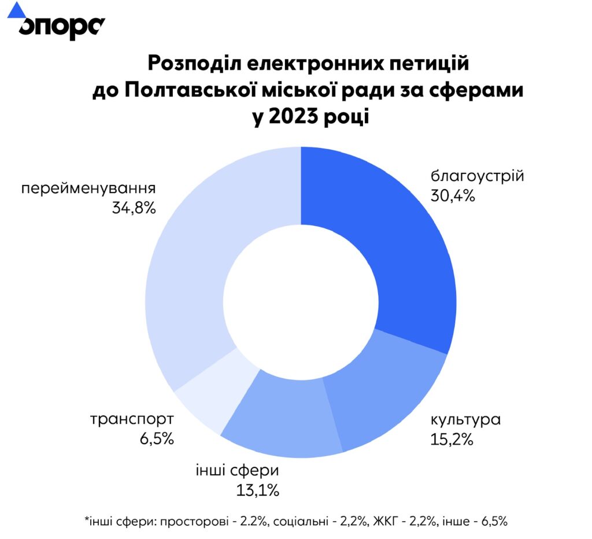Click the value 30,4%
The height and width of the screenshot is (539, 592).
coord(453,195)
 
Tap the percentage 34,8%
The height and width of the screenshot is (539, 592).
coord(134,208)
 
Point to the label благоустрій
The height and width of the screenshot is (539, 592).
coord(477,176)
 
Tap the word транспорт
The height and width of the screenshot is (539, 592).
coord(131,419)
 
